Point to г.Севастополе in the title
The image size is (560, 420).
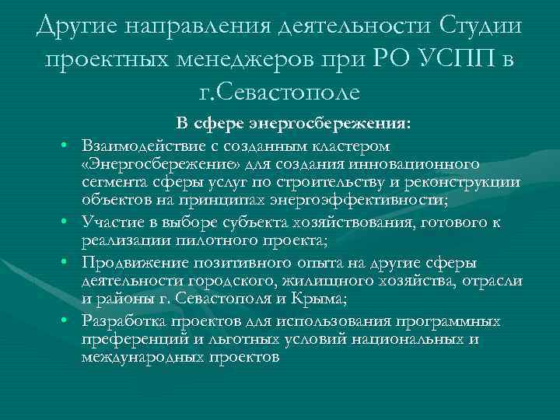tap(279, 94)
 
